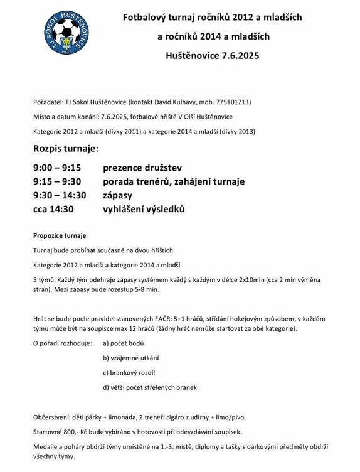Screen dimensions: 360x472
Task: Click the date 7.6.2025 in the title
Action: pos(240,55)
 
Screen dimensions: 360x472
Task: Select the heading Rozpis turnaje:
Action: pos(66,149)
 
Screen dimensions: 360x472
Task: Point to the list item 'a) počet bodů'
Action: pos(124,343)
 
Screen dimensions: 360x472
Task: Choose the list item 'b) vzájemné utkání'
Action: pos(130,358)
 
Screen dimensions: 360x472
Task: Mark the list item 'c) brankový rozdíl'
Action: pos(130,373)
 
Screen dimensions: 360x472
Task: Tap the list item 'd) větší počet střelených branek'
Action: pos(149,387)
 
